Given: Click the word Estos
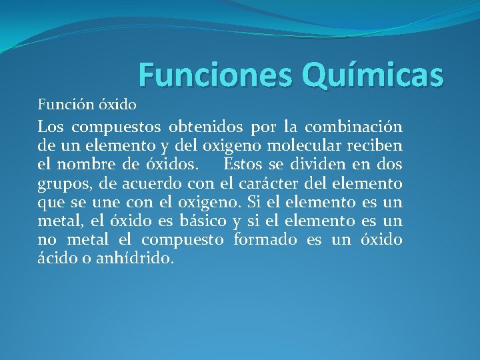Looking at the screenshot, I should point(245,164).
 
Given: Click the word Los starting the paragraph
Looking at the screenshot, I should point(51,127).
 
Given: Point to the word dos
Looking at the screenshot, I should point(389,164).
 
